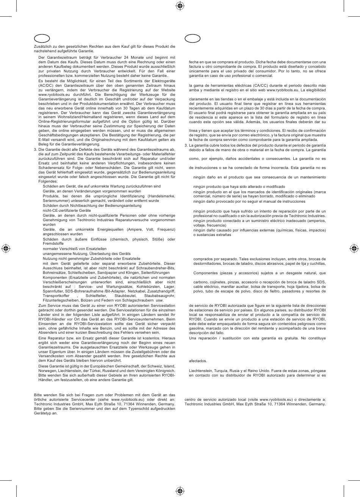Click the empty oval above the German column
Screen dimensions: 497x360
pyautogui.click(x=42, y=38)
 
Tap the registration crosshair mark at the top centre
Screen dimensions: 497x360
pyautogui.click(x=180, y=5)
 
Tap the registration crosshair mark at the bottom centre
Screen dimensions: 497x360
pyautogui.click(x=180, y=491)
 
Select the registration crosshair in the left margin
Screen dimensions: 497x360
pyautogui.click(x=6, y=248)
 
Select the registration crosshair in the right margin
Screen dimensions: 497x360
pyautogui.click(x=354, y=248)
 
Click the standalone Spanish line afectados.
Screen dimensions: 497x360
pyautogui.click(x=198, y=361)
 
